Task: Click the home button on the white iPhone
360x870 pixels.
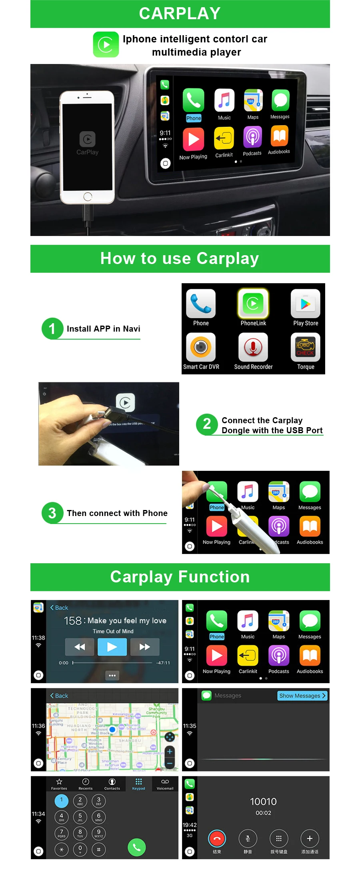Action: click(x=88, y=196)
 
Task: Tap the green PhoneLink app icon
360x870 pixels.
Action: click(x=253, y=304)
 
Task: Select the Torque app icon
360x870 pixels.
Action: click(x=305, y=347)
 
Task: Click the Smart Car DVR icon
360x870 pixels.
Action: click(x=201, y=347)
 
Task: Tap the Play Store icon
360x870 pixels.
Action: click(x=305, y=304)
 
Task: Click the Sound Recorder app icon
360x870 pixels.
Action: click(x=253, y=347)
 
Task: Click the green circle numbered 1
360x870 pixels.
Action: click(x=52, y=328)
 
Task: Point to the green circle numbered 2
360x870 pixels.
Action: click(x=206, y=424)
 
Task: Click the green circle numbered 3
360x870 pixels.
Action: click(x=52, y=513)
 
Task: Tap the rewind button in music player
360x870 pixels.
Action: click(x=80, y=647)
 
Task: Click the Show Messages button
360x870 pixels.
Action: click(x=302, y=696)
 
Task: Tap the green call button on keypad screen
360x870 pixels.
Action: click(x=136, y=847)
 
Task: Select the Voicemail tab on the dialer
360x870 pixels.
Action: click(x=165, y=784)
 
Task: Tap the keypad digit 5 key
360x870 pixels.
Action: click(x=80, y=817)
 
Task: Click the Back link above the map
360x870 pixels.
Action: click(x=59, y=696)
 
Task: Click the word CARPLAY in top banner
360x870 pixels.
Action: click(x=180, y=14)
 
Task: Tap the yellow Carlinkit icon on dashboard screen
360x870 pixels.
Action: click(x=224, y=138)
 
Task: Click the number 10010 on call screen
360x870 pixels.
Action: click(x=263, y=802)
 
